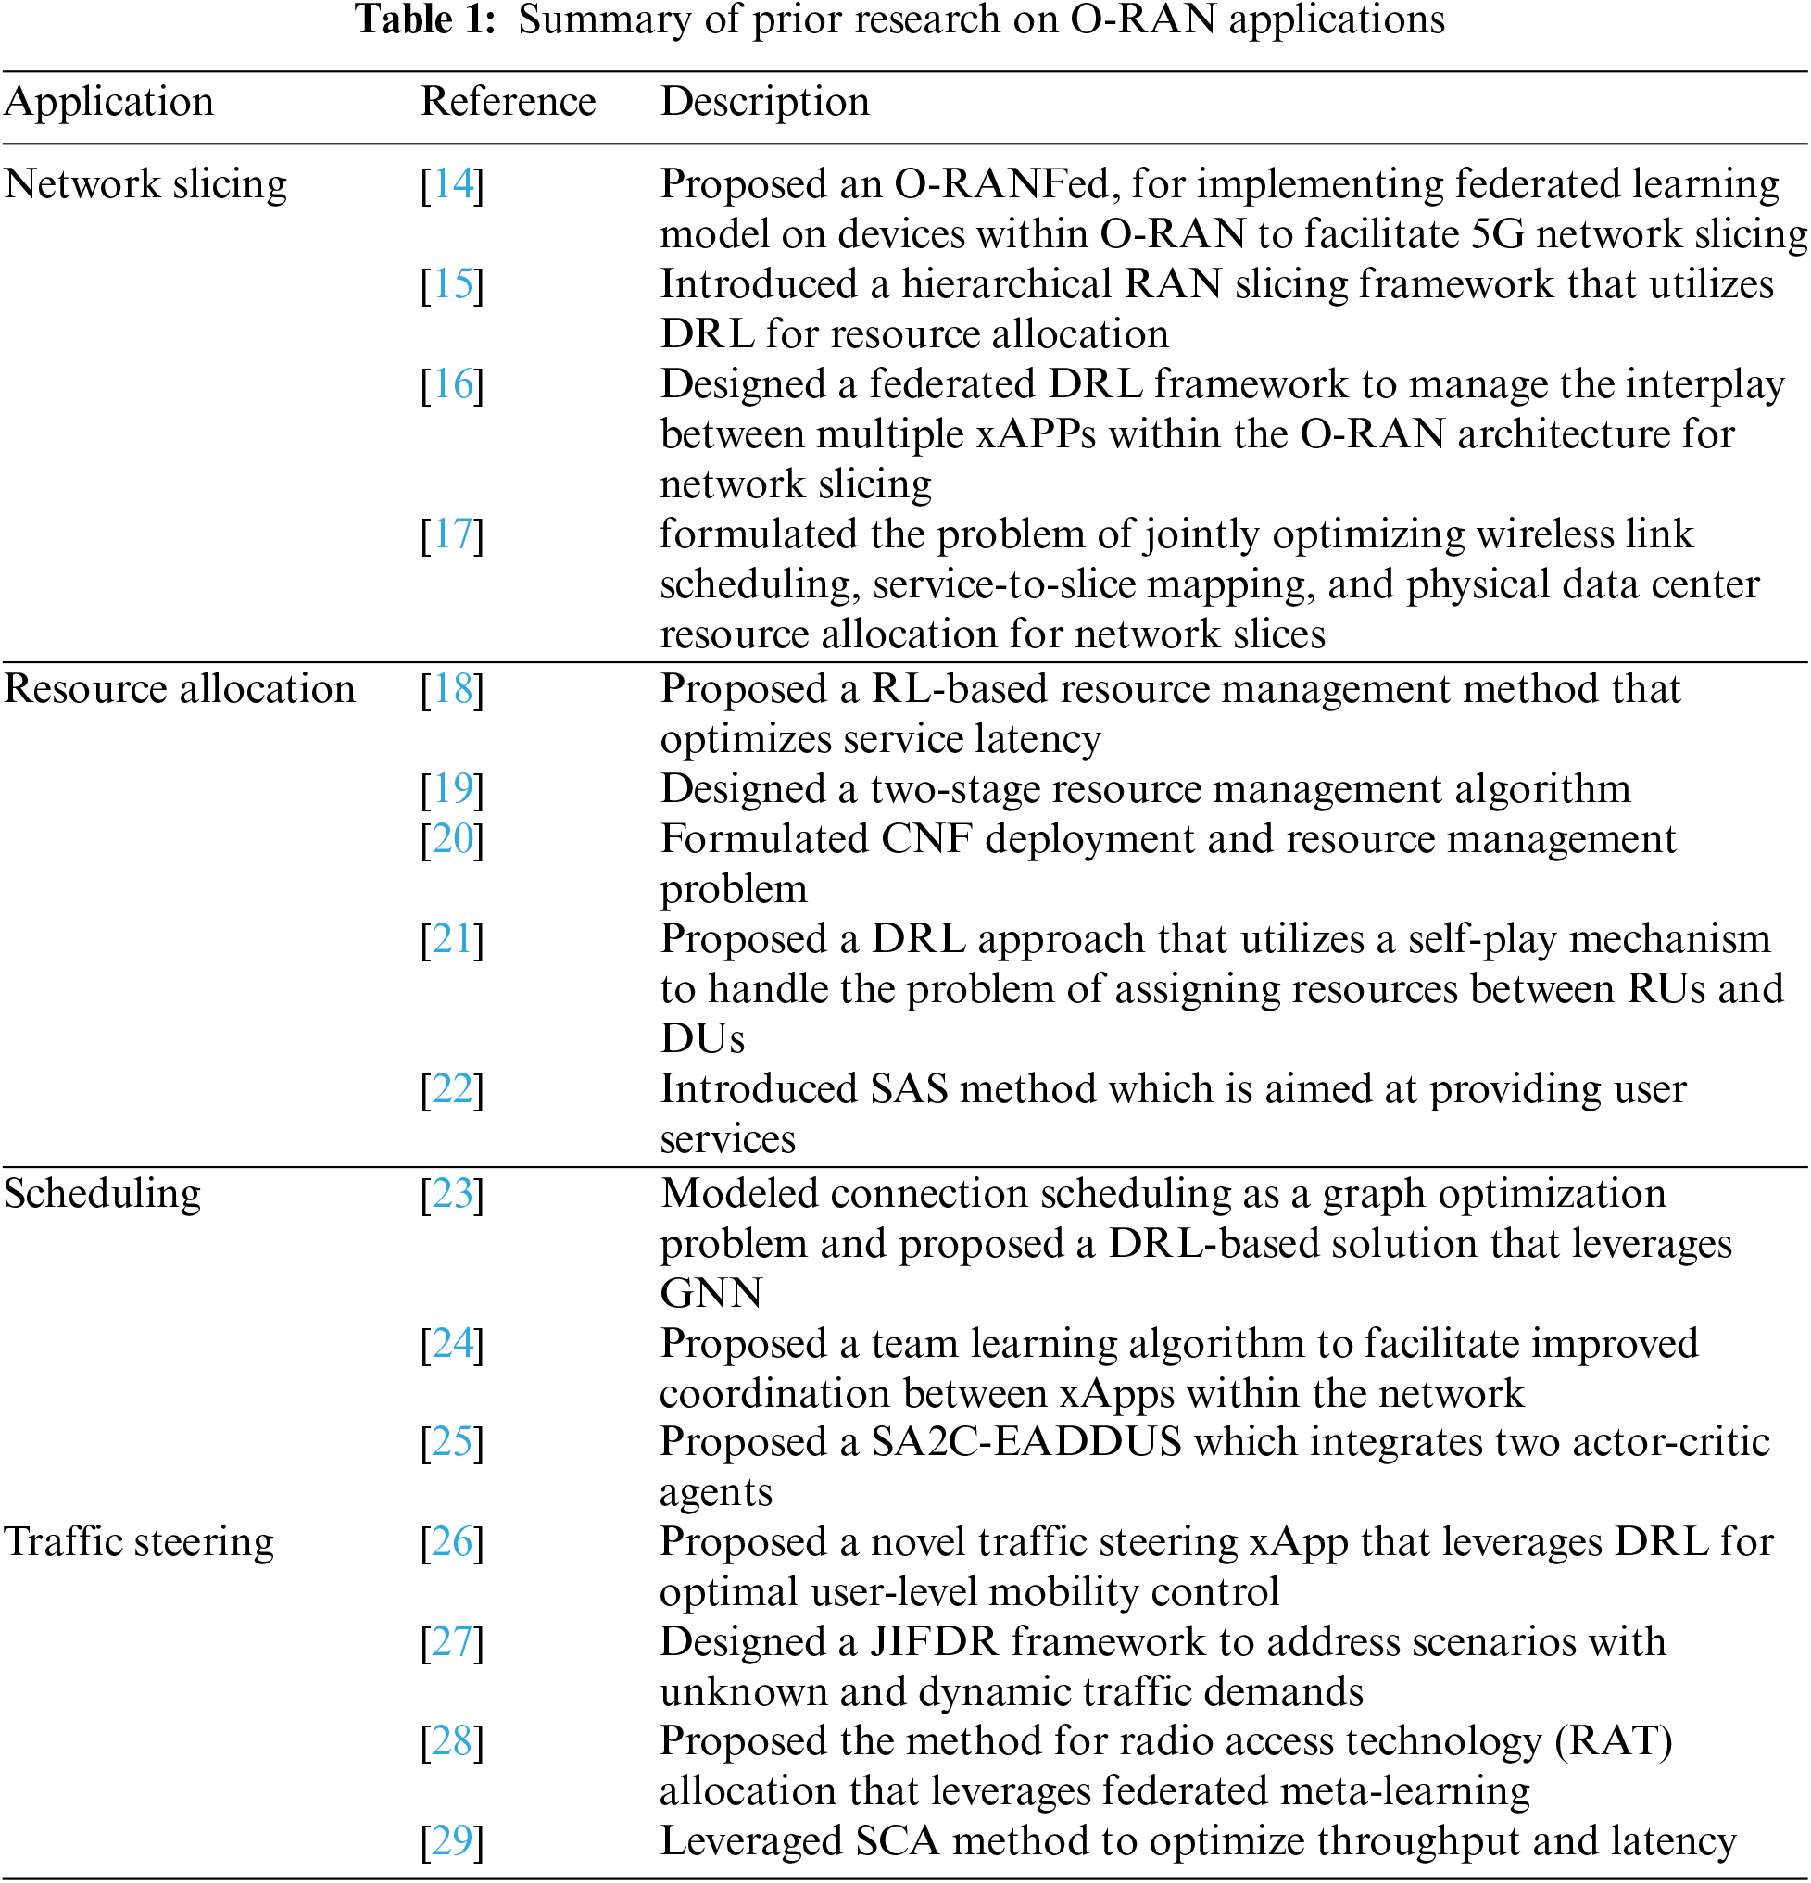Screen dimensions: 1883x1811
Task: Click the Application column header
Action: tap(108, 102)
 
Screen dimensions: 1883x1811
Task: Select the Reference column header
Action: tap(509, 102)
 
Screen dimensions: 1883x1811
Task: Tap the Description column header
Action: tap(765, 102)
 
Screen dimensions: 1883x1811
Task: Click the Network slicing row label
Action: tap(146, 183)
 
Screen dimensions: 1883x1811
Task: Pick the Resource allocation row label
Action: tap(180, 689)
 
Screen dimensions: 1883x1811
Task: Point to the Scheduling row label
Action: tap(103, 1194)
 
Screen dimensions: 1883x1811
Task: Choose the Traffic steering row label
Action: tap(139, 1542)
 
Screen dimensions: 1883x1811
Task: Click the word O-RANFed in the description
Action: tap(1001, 183)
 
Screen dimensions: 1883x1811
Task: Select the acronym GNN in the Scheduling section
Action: tap(711, 1293)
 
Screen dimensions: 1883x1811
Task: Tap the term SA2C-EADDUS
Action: tap(1025, 1442)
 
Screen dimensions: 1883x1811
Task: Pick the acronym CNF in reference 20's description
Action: tap(926, 839)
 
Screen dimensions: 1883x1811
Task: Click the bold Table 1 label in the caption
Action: tap(424, 19)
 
